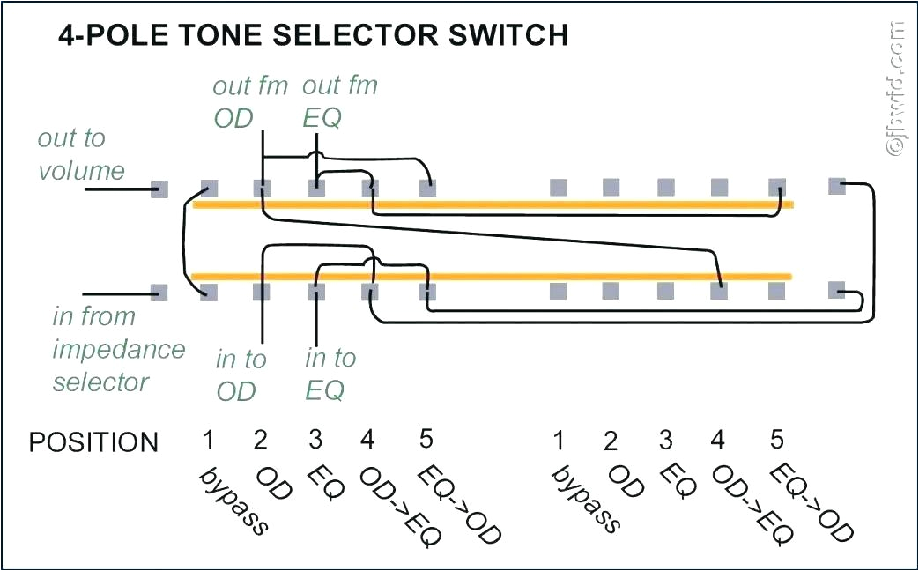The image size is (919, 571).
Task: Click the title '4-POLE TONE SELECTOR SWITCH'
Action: pos(313,35)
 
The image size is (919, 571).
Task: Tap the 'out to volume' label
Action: pos(80,154)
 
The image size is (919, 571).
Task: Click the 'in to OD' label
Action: pos(240,374)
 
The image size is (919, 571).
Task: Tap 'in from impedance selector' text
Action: pos(117,349)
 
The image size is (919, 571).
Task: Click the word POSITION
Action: pos(93,442)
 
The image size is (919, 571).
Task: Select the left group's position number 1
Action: pos(208,440)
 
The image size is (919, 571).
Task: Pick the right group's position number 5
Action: pos(776,439)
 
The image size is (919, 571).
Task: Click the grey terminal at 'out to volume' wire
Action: pos(159,188)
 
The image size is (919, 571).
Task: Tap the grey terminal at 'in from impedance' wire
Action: pos(159,292)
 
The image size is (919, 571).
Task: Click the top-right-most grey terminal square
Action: pos(837,185)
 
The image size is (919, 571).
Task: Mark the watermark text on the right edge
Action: pos(897,88)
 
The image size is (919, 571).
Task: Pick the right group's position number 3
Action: pos(666,440)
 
